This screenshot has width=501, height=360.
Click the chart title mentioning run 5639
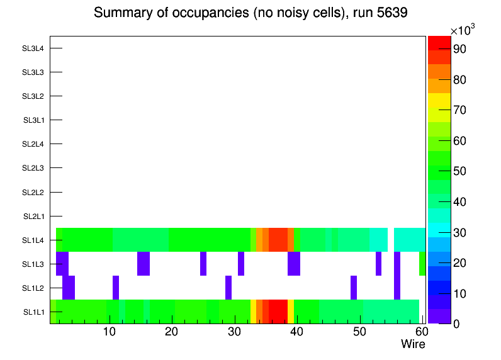250,13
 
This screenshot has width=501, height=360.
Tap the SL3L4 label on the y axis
33,48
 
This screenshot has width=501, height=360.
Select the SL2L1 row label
33,217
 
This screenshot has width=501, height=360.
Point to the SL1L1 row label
34,312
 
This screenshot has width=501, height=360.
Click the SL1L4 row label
33,240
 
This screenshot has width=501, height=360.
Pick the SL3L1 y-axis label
34,120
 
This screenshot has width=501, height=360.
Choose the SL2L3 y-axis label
33,168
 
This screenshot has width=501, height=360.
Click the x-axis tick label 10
110,332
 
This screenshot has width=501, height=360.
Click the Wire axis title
413,344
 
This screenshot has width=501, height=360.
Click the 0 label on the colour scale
454,323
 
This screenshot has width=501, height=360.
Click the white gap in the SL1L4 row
390,240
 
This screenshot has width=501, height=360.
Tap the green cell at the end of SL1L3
422,264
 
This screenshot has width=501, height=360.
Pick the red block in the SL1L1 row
278,312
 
